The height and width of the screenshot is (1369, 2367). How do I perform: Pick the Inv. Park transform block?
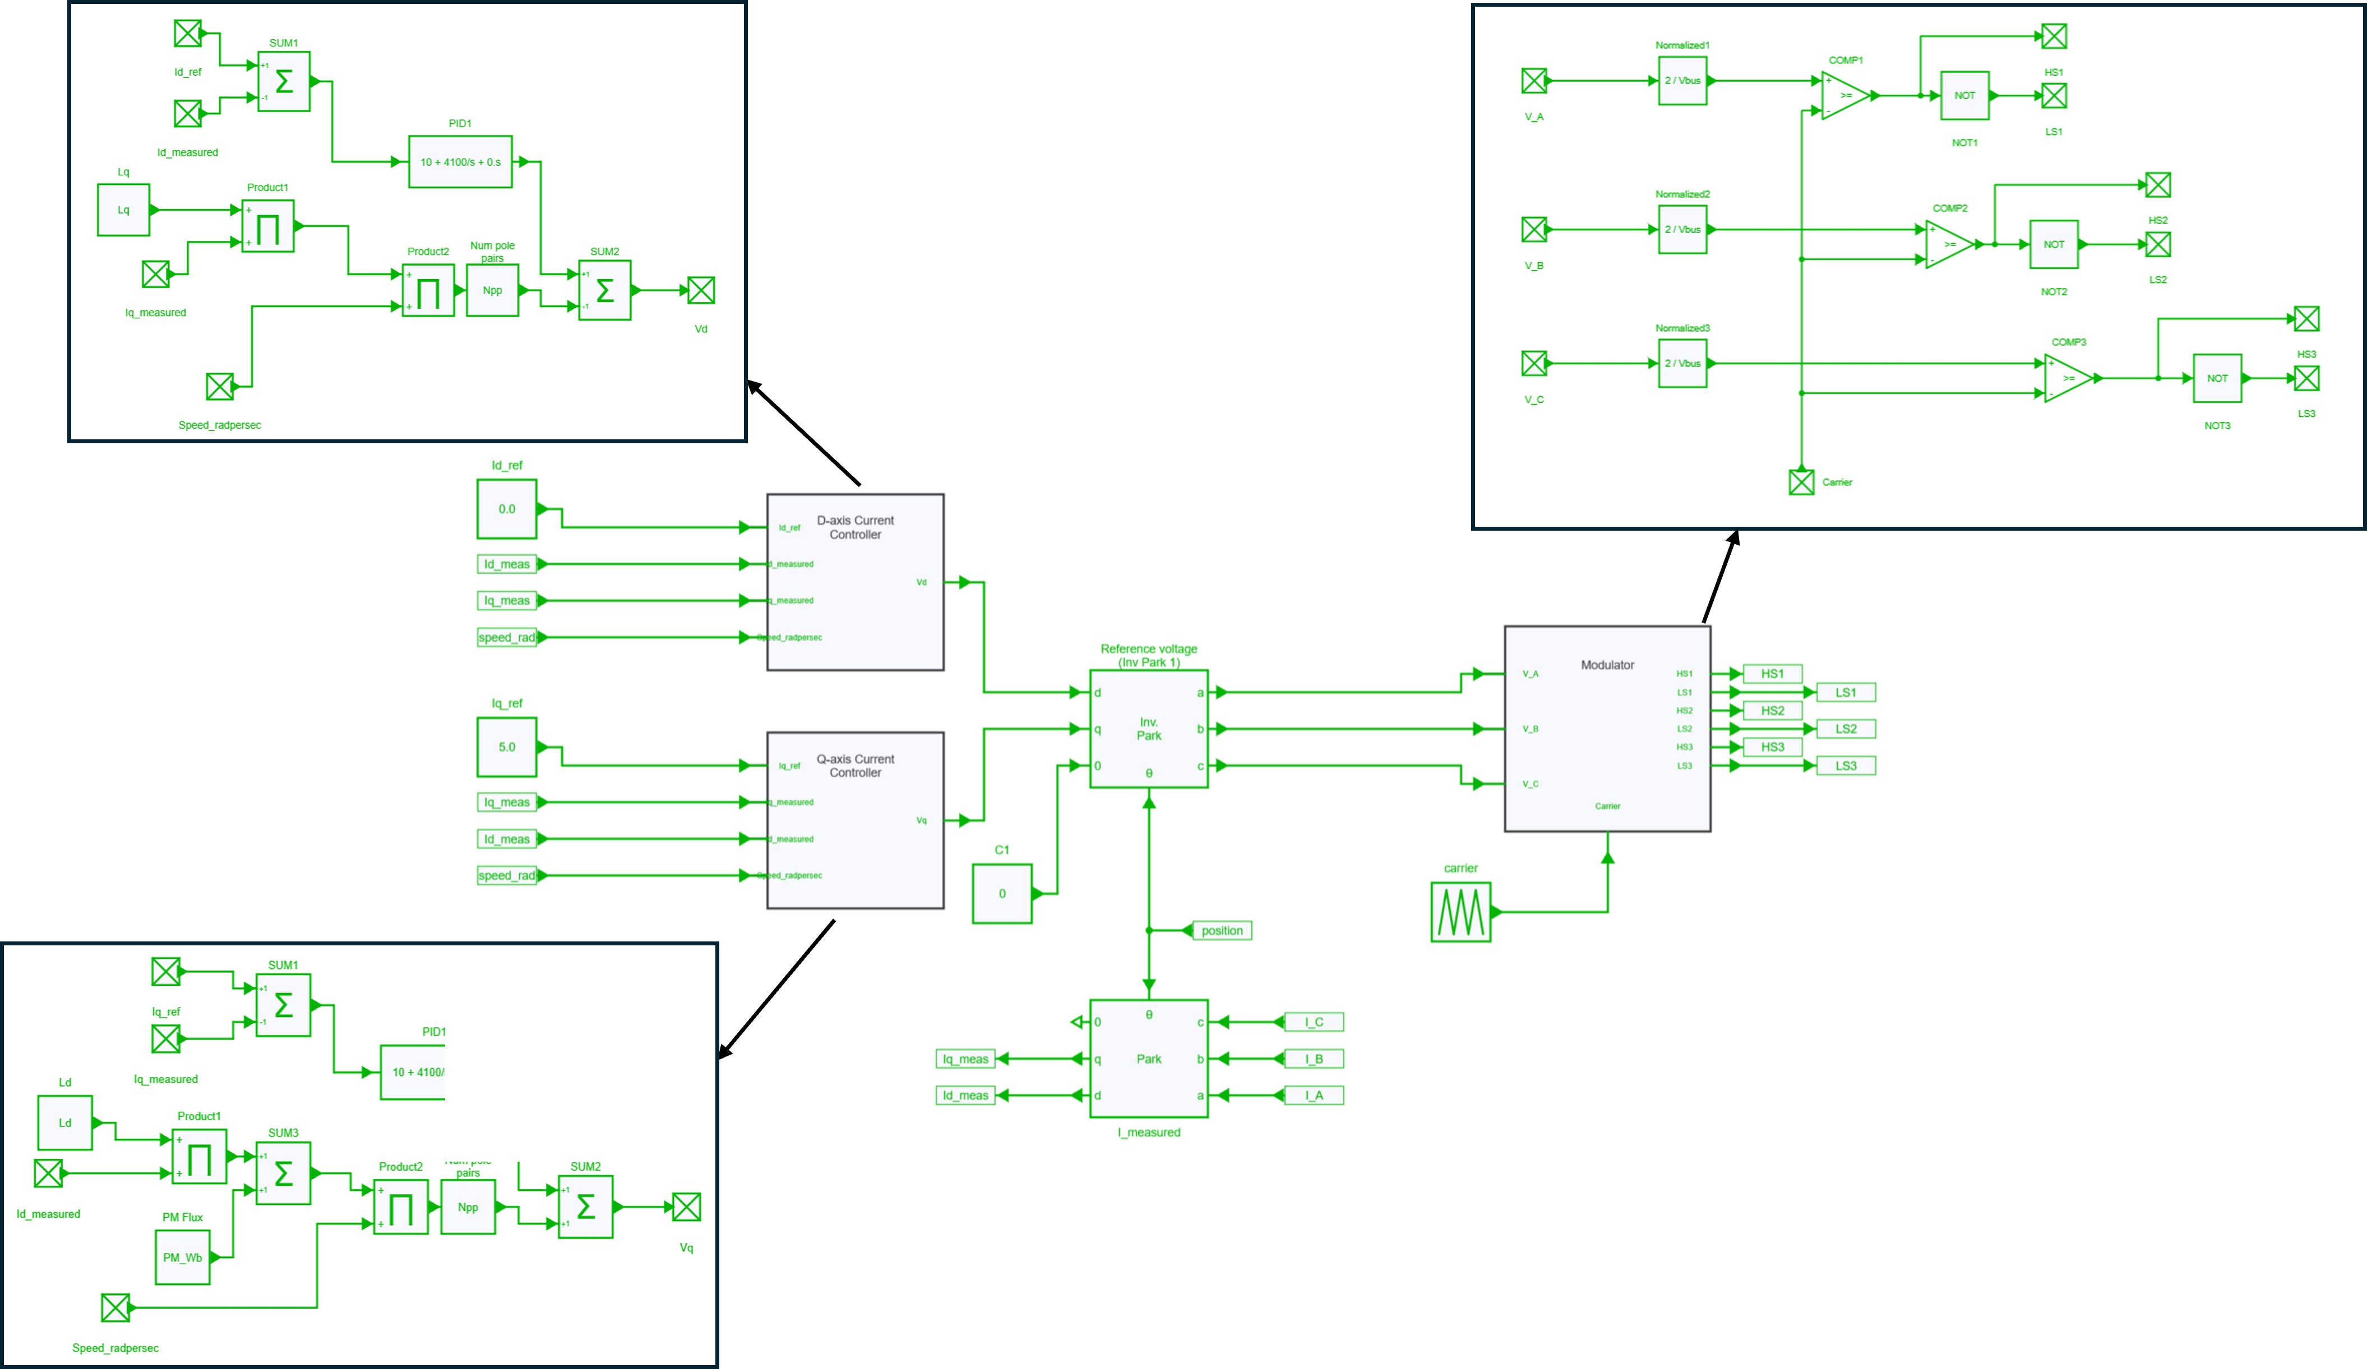[x=1149, y=728]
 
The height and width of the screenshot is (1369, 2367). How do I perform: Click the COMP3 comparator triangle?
[x=2068, y=378]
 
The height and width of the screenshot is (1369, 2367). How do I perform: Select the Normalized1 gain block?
[x=1682, y=81]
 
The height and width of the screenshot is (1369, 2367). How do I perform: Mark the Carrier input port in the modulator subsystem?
[x=1801, y=482]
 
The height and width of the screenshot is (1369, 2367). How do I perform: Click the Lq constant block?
[x=123, y=210]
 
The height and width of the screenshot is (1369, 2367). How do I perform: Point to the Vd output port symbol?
[x=701, y=291]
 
